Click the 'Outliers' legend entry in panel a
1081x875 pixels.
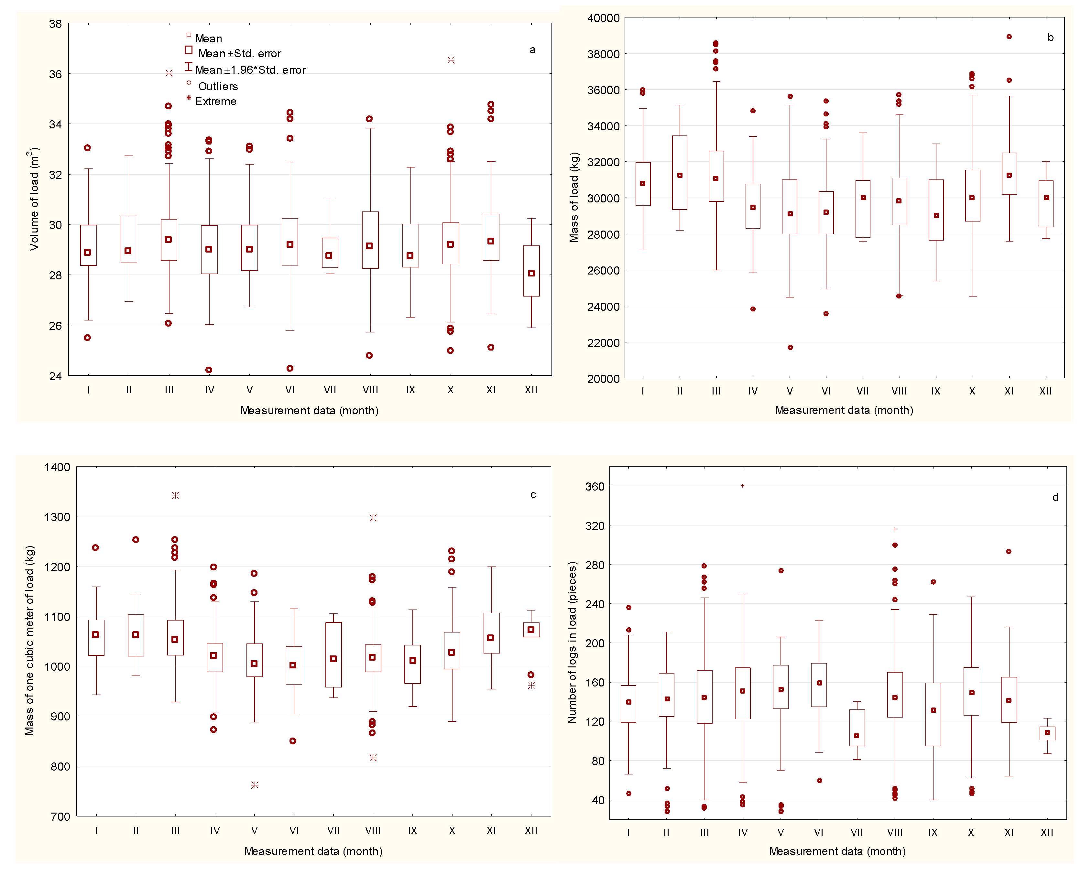pyautogui.click(x=217, y=86)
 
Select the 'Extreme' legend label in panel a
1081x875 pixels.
pyautogui.click(x=215, y=101)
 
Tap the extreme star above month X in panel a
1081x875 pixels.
pyautogui.click(x=451, y=60)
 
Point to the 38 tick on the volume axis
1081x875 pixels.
pyautogui.click(x=55, y=24)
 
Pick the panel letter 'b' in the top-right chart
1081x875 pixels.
pyautogui.click(x=1050, y=37)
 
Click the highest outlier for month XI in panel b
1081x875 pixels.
pyautogui.click(x=1009, y=36)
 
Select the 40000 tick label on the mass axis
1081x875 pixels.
pyautogui.click(x=603, y=18)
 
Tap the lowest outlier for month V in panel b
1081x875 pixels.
pyautogui.click(x=790, y=347)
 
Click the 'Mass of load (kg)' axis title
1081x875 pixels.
pyautogui.click(x=574, y=197)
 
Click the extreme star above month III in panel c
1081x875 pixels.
pyautogui.click(x=175, y=495)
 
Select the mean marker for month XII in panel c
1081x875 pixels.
pyautogui.click(x=531, y=630)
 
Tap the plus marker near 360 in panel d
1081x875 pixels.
pyautogui.click(x=743, y=486)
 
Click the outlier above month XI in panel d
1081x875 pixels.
pyautogui.click(x=1009, y=551)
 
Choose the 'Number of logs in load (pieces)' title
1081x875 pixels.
pyautogui.click(x=572, y=643)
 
